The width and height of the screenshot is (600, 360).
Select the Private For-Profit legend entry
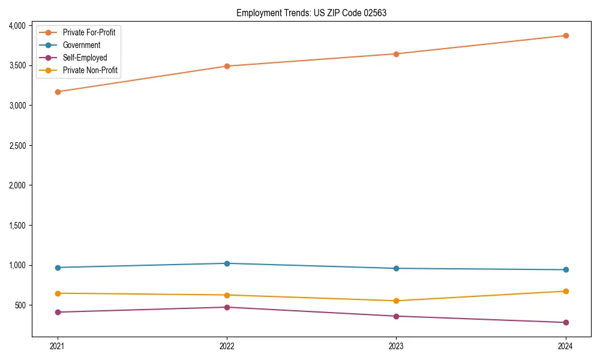pyautogui.click(x=89, y=32)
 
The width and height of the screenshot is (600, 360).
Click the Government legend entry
pyautogui.click(x=82, y=45)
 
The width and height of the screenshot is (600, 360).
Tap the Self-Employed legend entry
pyautogui.click(x=85, y=58)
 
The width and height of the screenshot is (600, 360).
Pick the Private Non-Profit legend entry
pyautogui.click(x=90, y=71)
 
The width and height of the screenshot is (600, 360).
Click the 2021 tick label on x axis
pyautogui.click(x=58, y=346)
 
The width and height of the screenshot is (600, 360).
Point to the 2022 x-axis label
pyautogui.click(x=227, y=346)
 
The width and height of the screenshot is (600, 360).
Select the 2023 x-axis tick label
pyautogui.click(x=396, y=346)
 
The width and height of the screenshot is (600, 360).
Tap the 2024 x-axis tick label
pyautogui.click(x=565, y=346)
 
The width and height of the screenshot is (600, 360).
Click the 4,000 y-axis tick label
pyautogui.click(x=17, y=26)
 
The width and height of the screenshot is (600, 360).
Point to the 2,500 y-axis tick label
pyautogui.click(x=17, y=146)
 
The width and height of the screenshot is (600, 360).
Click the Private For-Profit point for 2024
pyautogui.click(x=565, y=35)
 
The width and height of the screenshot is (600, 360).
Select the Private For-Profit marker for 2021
pyautogui.click(x=58, y=92)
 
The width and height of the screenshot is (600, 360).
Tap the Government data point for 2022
pyautogui.click(x=227, y=263)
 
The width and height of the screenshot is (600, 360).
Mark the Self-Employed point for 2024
pyautogui.click(x=565, y=322)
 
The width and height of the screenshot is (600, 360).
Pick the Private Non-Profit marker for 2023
pyautogui.click(x=396, y=301)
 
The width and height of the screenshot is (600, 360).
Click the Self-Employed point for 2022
pyautogui.click(x=227, y=307)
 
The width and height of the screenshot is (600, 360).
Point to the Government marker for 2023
pyautogui.click(x=396, y=268)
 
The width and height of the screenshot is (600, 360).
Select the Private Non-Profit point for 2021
pyautogui.click(x=58, y=293)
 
